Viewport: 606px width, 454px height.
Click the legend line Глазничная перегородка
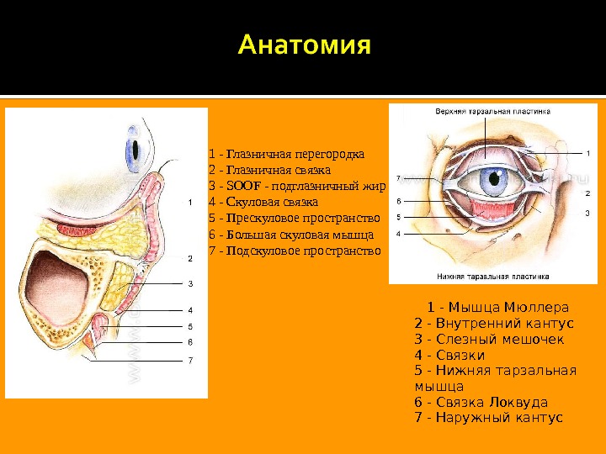coord(286,154)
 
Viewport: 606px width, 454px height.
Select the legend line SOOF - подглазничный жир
coord(295,186)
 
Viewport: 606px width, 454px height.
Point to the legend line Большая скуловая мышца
coord(290,235)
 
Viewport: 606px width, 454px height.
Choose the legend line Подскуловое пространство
coord(294,251)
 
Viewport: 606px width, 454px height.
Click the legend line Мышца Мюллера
coord(497,306)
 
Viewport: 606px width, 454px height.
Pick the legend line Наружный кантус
coord(489,418)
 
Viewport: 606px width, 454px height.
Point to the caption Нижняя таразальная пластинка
coord(492,275)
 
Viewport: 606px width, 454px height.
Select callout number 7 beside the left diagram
coord(191,360)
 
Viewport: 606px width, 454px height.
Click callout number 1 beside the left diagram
coord(191,203)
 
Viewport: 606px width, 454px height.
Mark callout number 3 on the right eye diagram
coord(587,214)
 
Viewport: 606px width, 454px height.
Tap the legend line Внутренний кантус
coord(494,323)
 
